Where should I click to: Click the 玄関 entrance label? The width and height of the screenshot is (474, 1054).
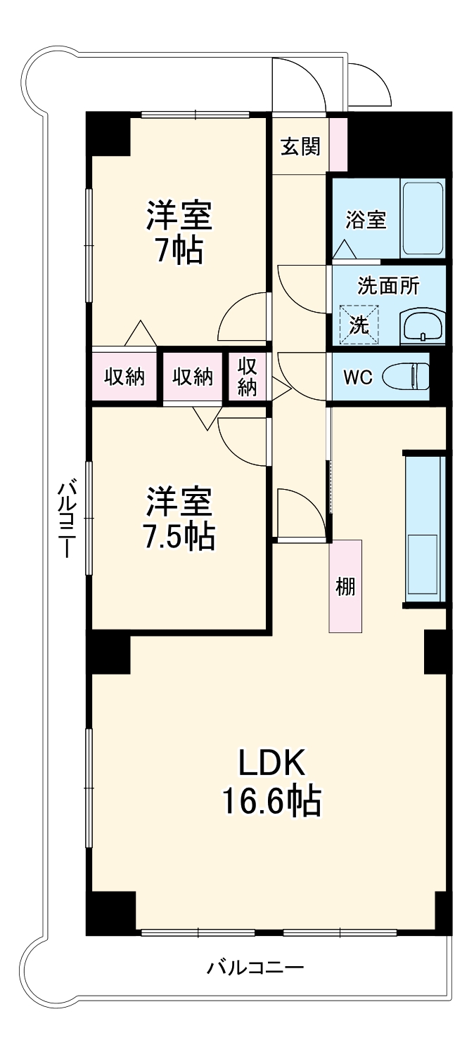(x=300, y=146)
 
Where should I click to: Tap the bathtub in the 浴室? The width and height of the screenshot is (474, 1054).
(x=422, y=219)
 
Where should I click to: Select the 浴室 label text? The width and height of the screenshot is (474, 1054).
(x=365, y=219)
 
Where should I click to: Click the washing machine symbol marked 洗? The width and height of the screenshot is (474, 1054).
(x=359, y=324)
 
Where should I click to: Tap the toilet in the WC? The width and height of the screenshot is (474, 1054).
(x=406, y=376)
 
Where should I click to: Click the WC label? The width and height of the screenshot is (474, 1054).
(x=357, y=377)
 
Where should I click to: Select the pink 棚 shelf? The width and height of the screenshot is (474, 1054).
(x=345, y=585)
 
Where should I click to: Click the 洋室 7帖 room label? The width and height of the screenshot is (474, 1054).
(x=179, y=232)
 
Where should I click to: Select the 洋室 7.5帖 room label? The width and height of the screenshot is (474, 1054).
(x=179, y=519)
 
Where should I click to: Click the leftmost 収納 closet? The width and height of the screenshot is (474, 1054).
(x=124, y=377)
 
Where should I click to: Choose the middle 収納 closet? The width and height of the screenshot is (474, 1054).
(x=193, y=377)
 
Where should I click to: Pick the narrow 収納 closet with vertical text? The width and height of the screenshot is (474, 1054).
(x=247, y=377)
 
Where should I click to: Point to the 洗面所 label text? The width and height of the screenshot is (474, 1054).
(x=388, y=285)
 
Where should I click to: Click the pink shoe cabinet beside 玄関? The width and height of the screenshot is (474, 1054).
(x=338, y=145)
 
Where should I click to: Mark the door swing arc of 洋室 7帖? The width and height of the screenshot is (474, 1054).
(x=243, y=316)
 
